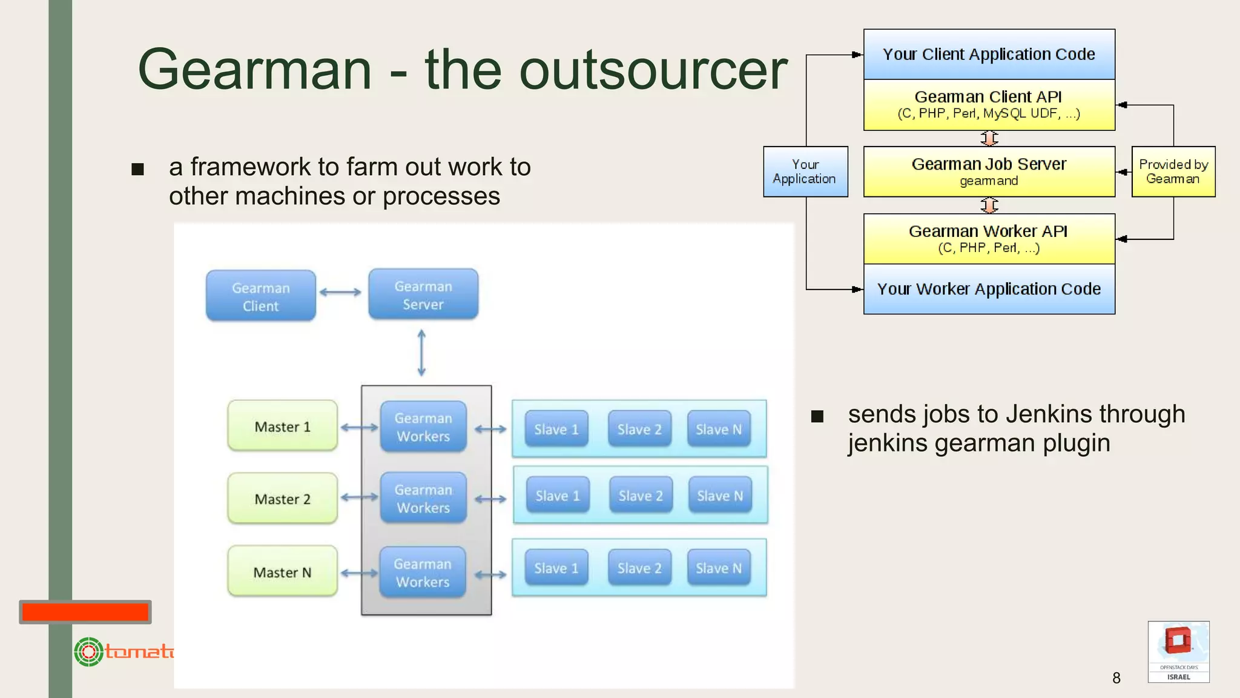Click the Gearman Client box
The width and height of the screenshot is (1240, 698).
(x=260, y=296)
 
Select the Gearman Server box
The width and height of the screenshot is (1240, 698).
(x=423, y=294)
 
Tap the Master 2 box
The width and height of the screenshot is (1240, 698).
(x=282, y=498)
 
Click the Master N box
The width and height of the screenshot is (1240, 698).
(x=282, y=571)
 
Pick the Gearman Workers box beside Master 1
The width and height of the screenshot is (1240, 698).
(x=423, y=427)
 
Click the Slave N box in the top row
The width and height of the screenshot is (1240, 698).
(x=719, y=429)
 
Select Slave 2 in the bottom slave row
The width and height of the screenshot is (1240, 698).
(x=639, y=568)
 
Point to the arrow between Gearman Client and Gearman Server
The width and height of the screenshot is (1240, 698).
(x=340, y=292)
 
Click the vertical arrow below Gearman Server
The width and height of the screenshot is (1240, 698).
(x=421, y=353)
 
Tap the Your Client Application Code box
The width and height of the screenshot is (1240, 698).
(x=989, y=55)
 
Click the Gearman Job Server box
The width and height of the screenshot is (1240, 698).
(x=989, y=171)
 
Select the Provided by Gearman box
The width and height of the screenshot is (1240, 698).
(x=1173, y=171)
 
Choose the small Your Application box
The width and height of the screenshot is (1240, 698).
(x=805, y=171)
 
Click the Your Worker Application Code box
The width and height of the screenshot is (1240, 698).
(x=989, y=289)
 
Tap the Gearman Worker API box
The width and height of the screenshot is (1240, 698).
(x=989, y=239)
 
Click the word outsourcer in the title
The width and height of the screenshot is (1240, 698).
(x=653, y=70)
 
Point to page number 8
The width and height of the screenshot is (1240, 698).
(x=1116, y=677)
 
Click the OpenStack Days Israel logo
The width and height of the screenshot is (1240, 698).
(x=1178, y=652)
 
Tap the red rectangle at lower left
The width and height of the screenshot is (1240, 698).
(x=85, y=612)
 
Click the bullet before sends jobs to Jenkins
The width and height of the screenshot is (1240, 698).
(x=817, y=416)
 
